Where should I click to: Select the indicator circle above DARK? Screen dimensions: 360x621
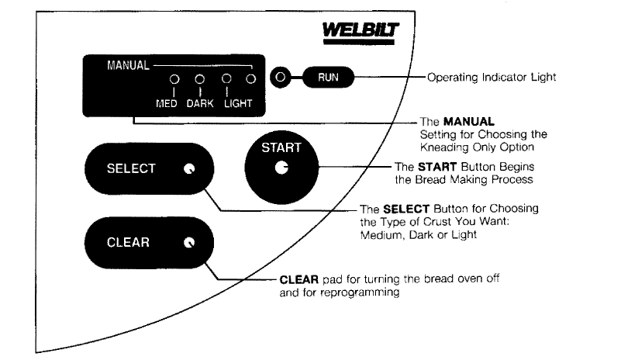coord(199,79)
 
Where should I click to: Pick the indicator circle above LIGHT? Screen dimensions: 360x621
coord(226,79)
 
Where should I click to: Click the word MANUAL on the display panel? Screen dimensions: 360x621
coord(128,65)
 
